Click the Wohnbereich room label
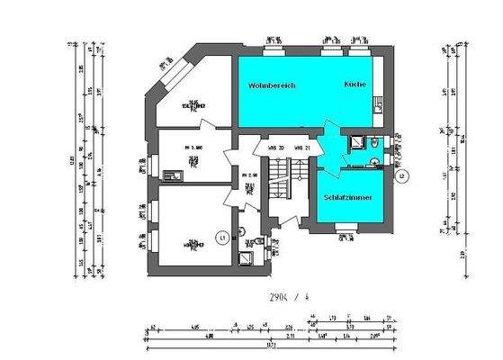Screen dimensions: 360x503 click(272, 85)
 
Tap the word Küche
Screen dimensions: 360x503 click(354, 84)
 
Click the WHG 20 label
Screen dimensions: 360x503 click(276, 148)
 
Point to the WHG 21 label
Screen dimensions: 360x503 click(301, 148)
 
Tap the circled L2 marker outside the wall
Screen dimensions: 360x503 click(402, 175)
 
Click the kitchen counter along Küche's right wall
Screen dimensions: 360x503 click(382, 90)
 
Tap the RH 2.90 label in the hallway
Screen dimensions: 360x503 click(253, 175)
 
